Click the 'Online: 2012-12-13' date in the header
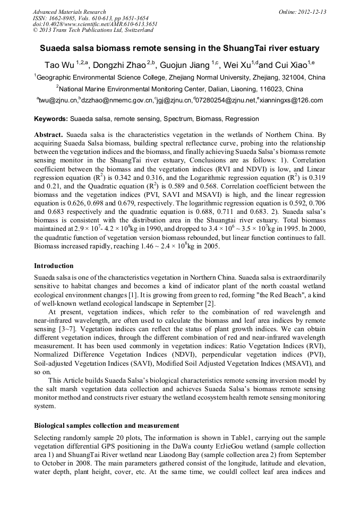pos(302,12)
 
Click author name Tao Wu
pos(58,65)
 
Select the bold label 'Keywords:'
pos(51,119)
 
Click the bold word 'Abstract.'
pos(49,135)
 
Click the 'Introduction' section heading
pos(54,265)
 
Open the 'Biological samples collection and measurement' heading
pos(106,426)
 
